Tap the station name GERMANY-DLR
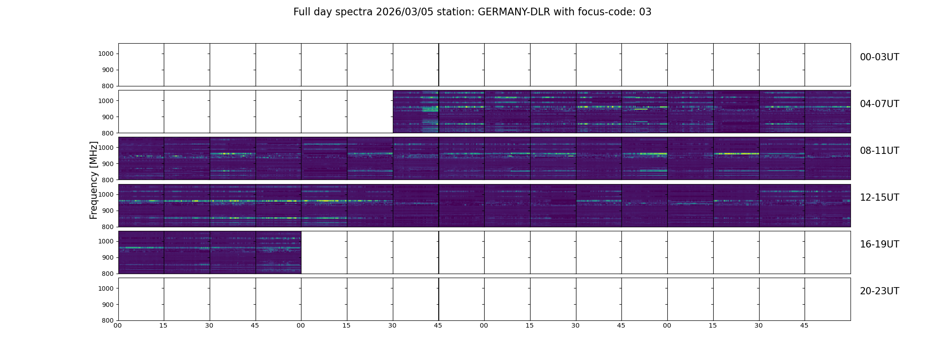click(514, 12)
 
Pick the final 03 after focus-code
click(645, 12)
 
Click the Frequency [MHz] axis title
click(94, 180)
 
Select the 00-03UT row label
click(879, 57)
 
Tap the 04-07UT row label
click(879, 104)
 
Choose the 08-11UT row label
click(879, 151)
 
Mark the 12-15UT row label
click(879, 198)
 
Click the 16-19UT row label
click(879, 244)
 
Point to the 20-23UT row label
click(879, 291)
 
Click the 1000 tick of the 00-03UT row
click(106, 54)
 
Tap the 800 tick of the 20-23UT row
click(108, 320)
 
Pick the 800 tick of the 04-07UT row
click(108, 133)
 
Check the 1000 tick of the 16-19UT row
click(106, 241)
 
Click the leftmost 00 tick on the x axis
click(118, 325)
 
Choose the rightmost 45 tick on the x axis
click(804, 325)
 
